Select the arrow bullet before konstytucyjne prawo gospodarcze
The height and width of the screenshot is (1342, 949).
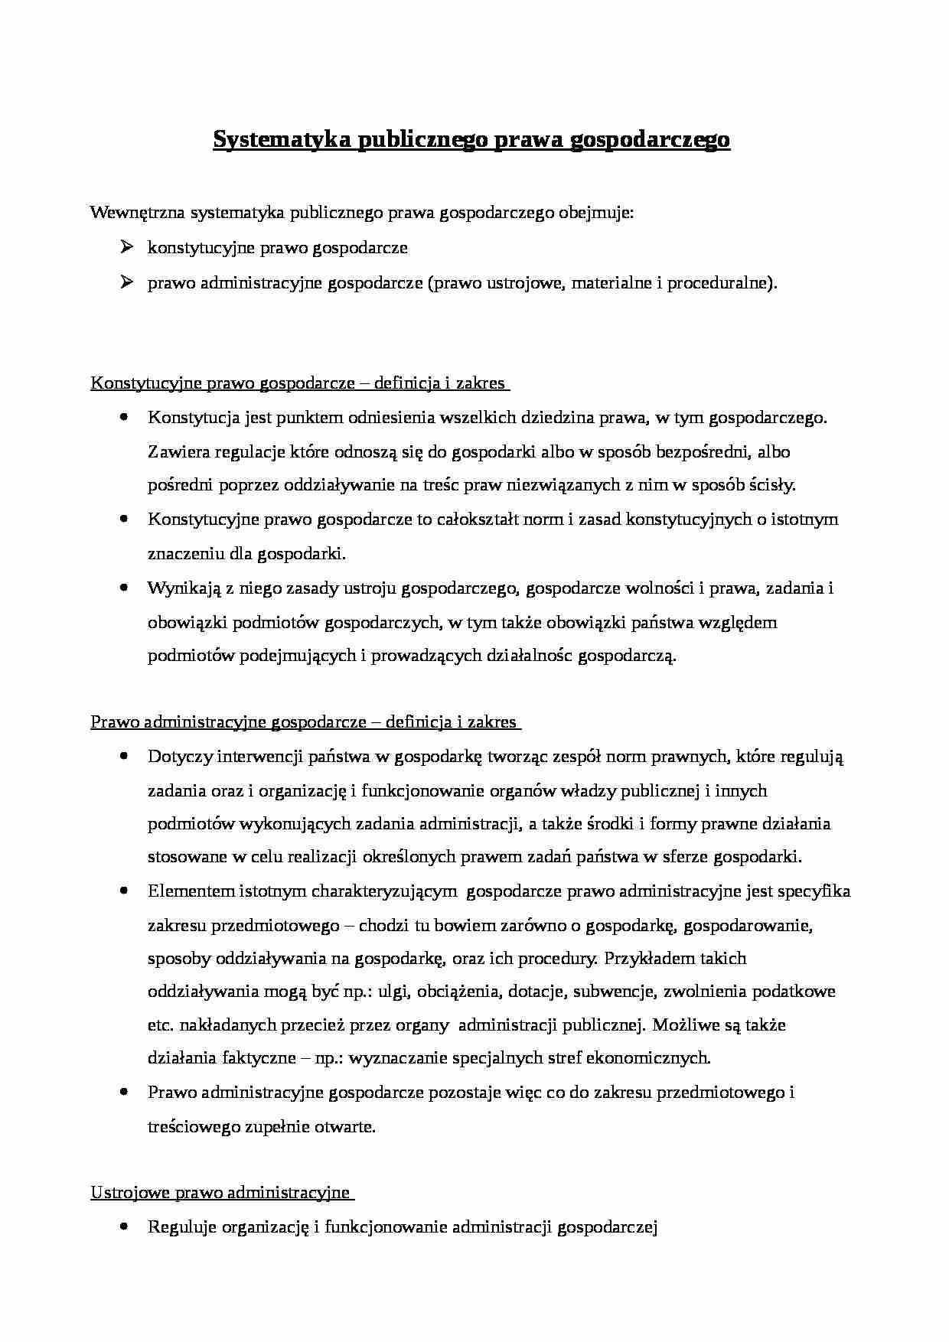point(127,247)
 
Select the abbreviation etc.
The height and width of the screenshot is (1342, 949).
point(160,1025)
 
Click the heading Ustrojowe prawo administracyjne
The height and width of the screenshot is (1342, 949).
point(220,1193)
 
